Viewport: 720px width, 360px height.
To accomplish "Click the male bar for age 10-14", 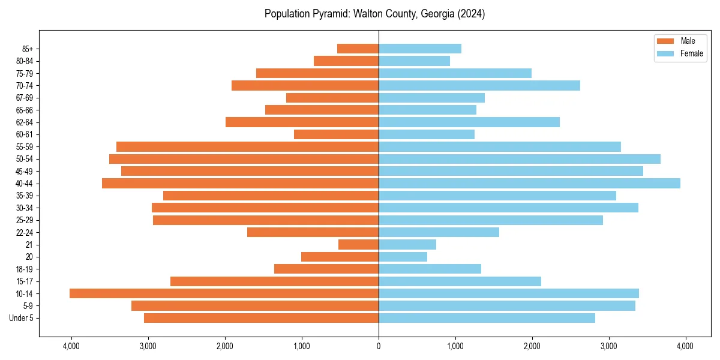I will [224, 293].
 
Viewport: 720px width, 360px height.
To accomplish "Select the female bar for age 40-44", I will [529, 183].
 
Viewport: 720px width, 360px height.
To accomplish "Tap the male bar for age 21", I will [358, 244].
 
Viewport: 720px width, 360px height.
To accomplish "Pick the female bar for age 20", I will [403, 257].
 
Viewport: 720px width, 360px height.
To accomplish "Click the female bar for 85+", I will [420, 49].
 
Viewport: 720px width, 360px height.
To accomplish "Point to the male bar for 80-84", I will [346, 61].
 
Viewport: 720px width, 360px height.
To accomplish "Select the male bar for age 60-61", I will [336, 134].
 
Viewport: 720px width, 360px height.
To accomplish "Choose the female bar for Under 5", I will [487, 318].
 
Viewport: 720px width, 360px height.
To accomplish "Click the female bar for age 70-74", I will [479, 85].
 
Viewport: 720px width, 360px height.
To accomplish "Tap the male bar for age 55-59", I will [247, 146].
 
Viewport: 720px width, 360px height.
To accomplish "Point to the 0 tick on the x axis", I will [379, 346].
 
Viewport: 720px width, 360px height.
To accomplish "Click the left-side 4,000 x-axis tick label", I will [71, 346].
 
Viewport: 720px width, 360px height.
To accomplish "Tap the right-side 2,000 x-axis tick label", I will [532, 346].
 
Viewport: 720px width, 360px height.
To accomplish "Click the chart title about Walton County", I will [374, 14].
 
